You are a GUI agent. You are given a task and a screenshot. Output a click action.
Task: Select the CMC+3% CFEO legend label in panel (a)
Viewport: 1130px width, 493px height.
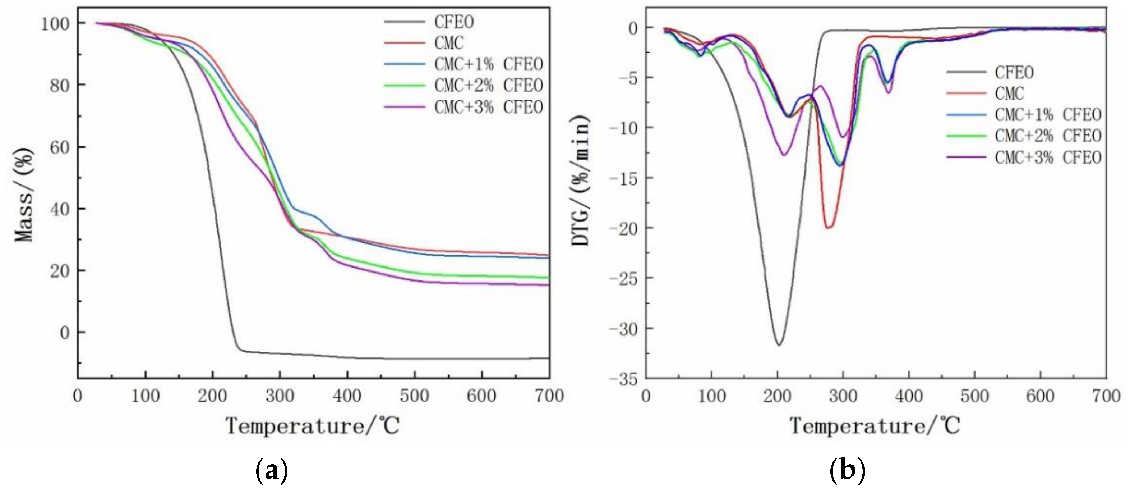coord(488,107)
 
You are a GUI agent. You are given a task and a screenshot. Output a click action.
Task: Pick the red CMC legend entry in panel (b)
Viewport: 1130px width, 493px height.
coord(1009,93)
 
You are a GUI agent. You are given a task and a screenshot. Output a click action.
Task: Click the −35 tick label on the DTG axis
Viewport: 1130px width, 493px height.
coord(623,379)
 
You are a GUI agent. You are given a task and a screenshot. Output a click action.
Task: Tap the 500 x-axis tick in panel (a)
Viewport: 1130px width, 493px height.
coord(414,396)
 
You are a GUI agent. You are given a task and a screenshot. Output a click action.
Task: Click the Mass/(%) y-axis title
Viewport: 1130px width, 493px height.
coord(24,195)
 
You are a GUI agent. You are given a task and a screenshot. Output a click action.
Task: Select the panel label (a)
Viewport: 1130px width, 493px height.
coord(272,471)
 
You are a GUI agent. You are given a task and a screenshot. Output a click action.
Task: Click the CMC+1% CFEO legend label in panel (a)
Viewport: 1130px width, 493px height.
coord(488,64)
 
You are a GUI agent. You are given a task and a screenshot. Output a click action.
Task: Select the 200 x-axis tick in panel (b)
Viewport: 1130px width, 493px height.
coord(777,396)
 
